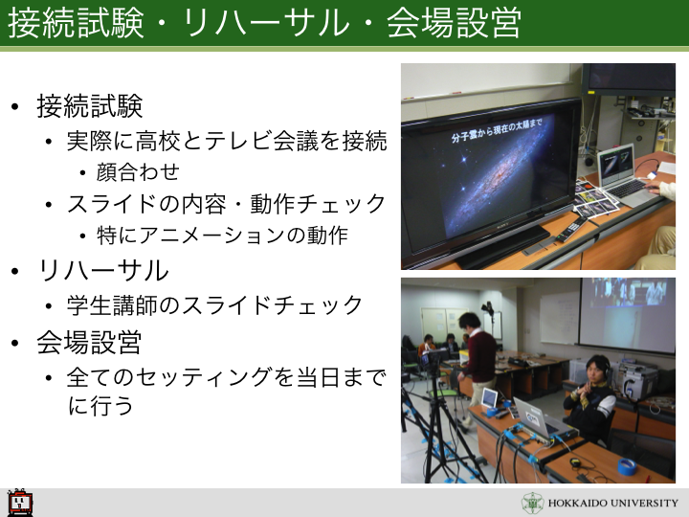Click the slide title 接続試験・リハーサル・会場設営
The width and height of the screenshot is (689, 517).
[264, 22]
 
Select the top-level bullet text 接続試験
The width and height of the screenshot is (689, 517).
[90, 106]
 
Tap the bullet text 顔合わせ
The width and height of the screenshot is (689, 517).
[138, 171]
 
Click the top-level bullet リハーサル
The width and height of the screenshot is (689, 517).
[103, 270]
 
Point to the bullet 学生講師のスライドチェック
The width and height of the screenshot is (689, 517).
[215, 304]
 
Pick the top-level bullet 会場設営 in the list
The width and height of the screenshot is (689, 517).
[89, 342]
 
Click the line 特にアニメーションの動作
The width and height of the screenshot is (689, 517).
[222, 236]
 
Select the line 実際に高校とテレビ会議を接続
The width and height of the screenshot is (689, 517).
[227, 141]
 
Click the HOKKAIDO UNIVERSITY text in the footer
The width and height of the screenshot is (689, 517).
[613, 503]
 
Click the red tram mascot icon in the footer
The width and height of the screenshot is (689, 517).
[20, 502]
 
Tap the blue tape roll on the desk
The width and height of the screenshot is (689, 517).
[627, 465]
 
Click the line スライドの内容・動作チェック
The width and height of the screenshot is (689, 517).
[226, 204]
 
